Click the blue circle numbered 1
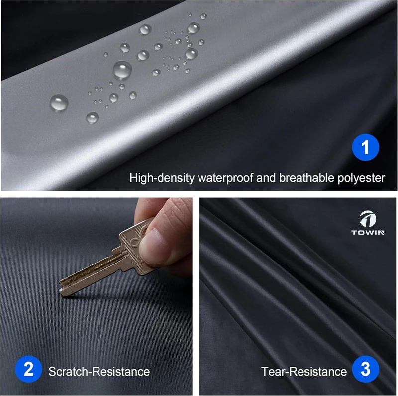365,148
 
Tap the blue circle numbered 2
28,370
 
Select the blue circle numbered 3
366,370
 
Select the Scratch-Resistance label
99,371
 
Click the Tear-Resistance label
303,371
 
